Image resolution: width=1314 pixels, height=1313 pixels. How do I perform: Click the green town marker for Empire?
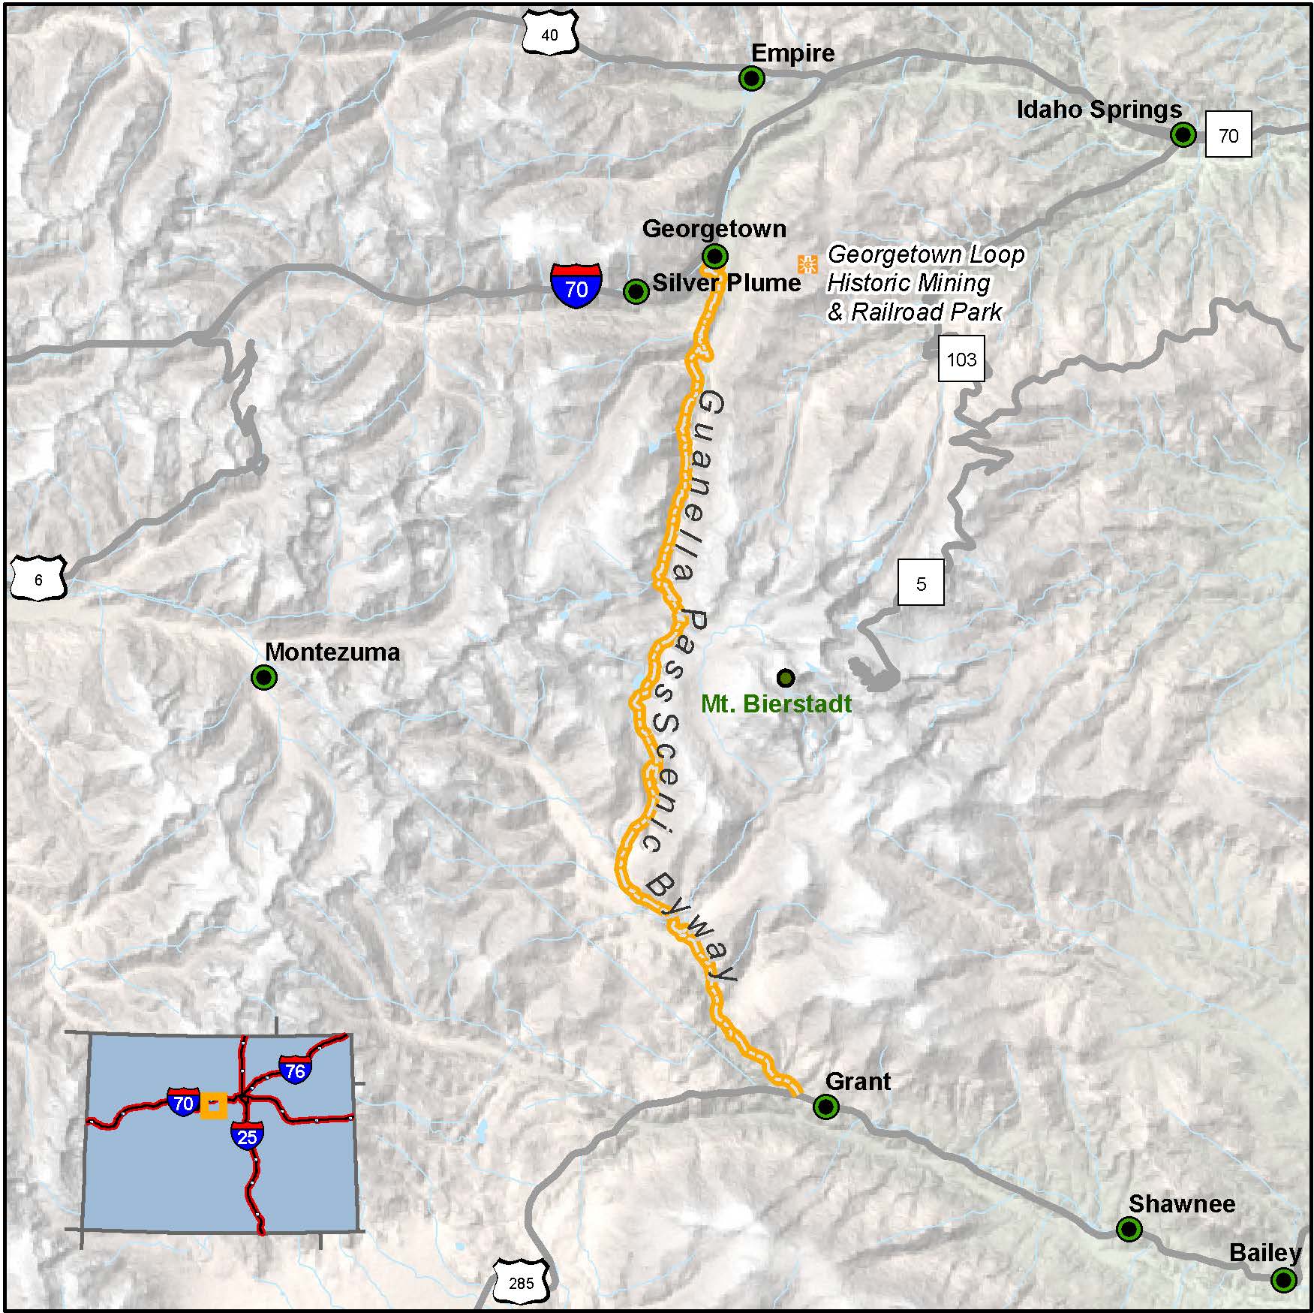[751, 78]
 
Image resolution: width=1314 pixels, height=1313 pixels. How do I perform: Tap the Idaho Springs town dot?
[1183, 135]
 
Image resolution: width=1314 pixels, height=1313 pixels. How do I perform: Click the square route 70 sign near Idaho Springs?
[1228, 135]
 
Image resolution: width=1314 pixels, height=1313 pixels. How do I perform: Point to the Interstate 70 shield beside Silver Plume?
[576, 285]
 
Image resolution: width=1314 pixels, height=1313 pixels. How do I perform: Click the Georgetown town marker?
[715, 256]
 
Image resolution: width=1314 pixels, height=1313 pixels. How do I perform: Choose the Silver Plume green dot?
[636, 291]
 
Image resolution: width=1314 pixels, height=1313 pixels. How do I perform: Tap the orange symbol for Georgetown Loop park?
[807, 264]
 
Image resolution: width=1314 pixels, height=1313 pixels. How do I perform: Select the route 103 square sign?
[961, 359]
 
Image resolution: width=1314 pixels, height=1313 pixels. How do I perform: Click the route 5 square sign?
[922, 583]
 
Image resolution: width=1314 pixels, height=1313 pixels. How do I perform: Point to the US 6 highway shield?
[38, 579]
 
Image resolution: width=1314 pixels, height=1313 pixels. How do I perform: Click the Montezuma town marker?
[264, 678]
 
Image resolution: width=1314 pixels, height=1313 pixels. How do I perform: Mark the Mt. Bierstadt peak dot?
[785, 678]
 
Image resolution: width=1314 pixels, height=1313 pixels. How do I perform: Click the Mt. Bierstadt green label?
[776, 704]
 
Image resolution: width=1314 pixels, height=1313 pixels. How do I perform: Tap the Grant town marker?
[826, 1107]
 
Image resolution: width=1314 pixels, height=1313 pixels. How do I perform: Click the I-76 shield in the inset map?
[296, 1070]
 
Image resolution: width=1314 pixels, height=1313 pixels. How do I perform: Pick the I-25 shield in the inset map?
[247, 1136]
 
